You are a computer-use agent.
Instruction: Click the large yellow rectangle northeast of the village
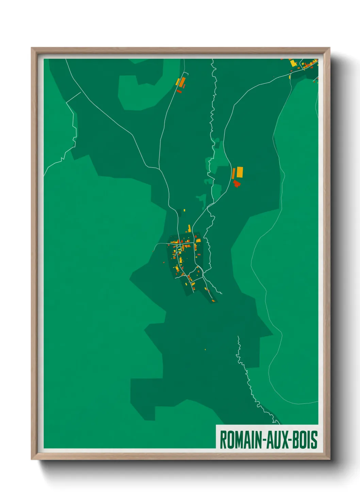[240, 172]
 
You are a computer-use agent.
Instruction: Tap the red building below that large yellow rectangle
[236, 184]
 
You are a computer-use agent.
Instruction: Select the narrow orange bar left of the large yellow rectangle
[233, 173]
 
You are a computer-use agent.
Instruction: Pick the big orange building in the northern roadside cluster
[182, 82]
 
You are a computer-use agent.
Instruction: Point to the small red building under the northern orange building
[179, 91]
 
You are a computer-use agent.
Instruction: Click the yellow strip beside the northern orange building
[177, 82]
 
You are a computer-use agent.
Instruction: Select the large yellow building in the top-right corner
[293, 63]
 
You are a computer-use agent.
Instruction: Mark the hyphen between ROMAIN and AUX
[264, 440]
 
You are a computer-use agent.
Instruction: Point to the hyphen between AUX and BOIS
[290, 440]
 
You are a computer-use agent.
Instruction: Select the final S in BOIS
[314, 440]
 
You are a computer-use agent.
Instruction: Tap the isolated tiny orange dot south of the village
[205, 349]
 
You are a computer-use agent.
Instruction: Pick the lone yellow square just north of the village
[184, 210]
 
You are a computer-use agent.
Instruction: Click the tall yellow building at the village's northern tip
[190, 228]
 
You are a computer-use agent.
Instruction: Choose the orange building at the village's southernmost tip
[213, 301]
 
